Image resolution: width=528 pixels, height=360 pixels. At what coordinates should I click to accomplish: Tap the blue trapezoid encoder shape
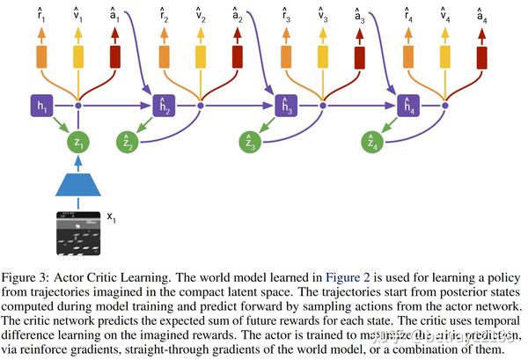pos(79,183)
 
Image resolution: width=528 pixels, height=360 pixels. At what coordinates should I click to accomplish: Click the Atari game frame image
pos(79,233)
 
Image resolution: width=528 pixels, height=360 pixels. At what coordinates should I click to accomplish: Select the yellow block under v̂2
pos(201,58)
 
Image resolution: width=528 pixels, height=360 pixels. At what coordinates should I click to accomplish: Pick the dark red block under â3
pos(359,58)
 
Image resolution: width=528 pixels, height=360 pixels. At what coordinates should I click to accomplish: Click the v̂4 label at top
pos(445,14)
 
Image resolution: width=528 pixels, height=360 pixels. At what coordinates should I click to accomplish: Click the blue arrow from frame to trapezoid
pos(79,205)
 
